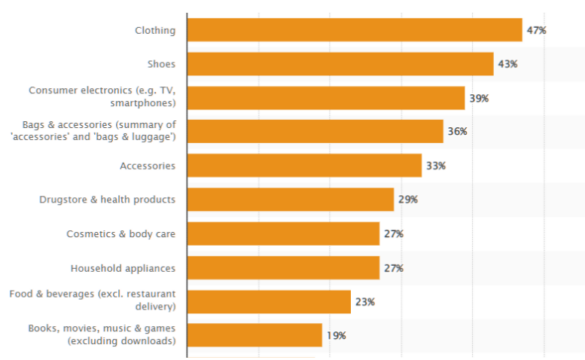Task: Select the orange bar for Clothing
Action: point(354,30)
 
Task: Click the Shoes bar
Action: point(340,64)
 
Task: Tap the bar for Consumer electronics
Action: point(325,98)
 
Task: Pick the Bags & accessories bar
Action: point(315,131)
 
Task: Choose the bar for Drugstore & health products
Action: point(290,200)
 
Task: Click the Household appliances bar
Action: point(283,268)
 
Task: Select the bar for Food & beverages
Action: point(269,302)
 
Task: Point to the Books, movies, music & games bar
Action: point(254,335)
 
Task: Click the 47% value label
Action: point(536,30)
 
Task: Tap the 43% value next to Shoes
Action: point(507,64)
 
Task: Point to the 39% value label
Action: point(479,98)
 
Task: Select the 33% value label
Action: point(435,166)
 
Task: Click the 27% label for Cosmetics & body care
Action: point(393,234)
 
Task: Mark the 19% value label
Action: point(336,336)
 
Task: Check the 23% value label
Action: point(364,302)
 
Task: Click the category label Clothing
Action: point(155,31)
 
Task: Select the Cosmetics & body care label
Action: point(120,234)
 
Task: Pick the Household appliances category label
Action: point(123,268)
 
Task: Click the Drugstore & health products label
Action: point(107,200)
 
